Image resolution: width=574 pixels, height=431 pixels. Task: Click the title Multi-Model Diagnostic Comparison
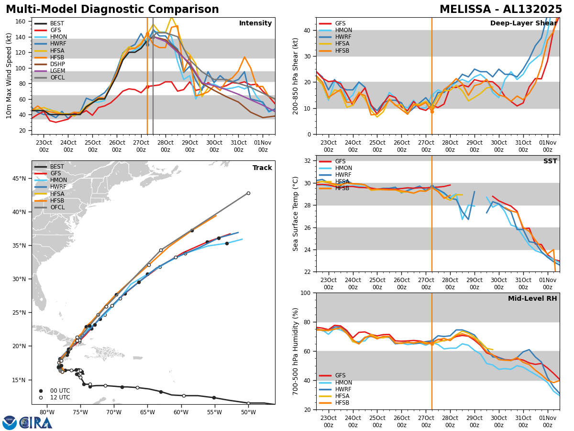tap(112, 10)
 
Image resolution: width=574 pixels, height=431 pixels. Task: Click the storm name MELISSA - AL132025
tap(501, 10)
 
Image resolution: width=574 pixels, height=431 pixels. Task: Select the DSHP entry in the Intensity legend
tap(57, 64)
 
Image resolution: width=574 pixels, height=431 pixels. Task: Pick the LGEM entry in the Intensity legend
tap(57, 70)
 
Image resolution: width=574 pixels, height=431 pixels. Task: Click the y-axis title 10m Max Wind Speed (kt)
tap(8, 76)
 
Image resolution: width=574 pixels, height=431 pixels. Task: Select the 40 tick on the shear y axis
tap(309, 30)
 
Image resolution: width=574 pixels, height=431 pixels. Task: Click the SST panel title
tap(550, 161)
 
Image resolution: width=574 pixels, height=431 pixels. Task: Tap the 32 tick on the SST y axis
tap(309, 161)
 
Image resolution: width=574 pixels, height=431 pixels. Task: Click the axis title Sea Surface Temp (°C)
tap(296, 214)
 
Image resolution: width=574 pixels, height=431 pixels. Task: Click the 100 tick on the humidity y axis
tap(307, 293)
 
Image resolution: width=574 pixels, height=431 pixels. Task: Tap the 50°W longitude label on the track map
tap(248, 412)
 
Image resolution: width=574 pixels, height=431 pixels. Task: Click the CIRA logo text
tap(36, 422)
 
